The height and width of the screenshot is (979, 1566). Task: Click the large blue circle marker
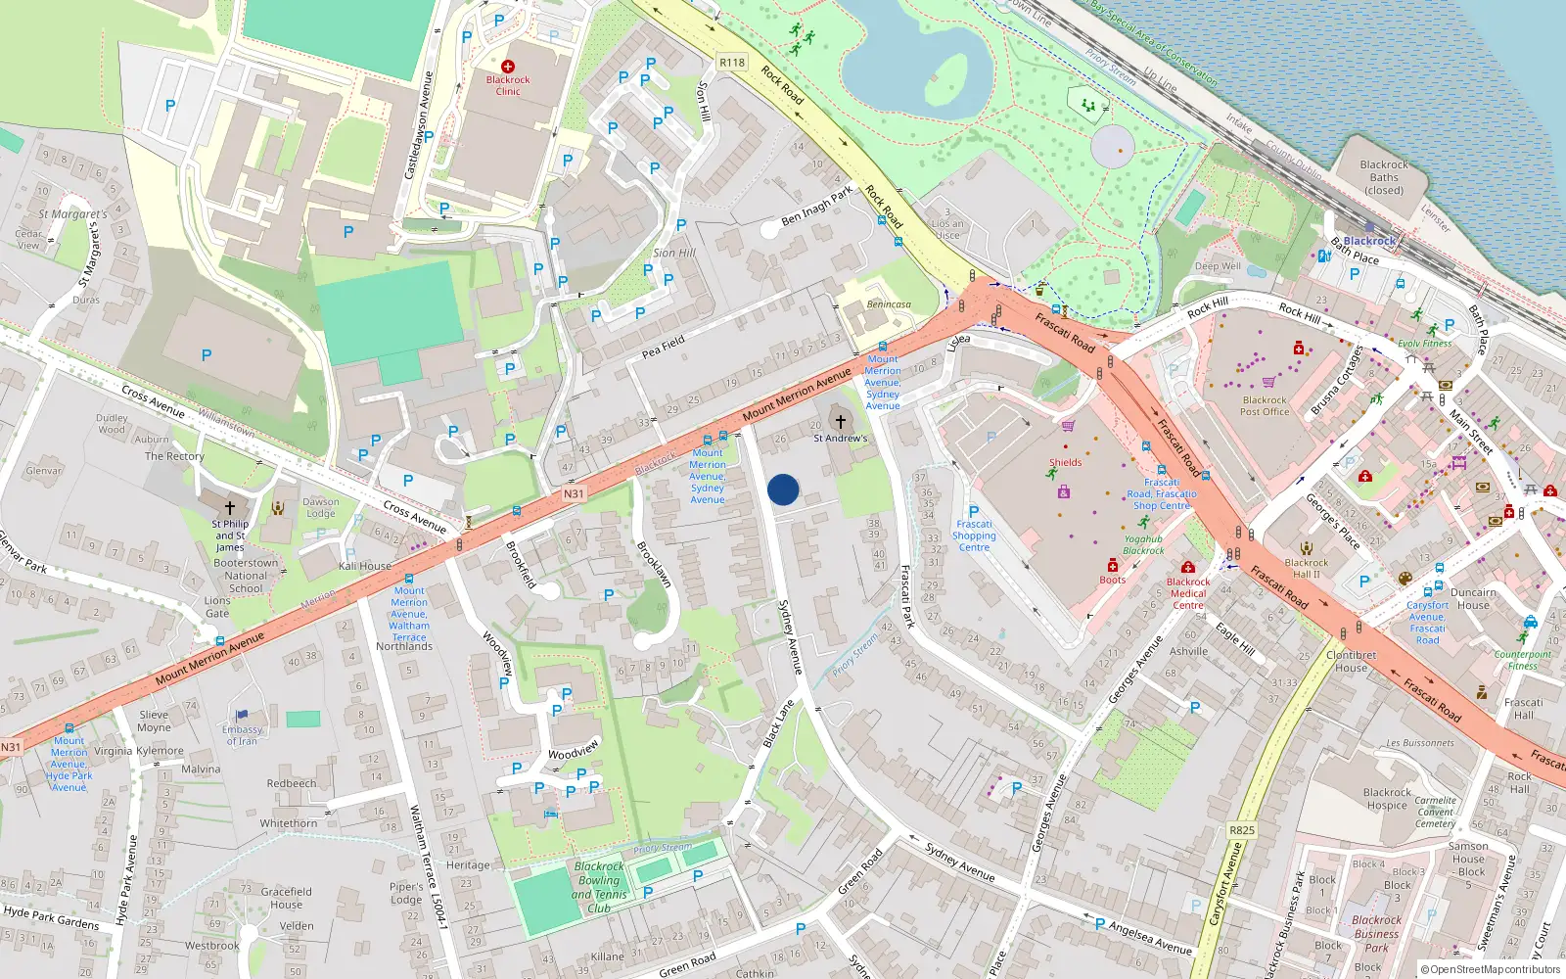point(783,489)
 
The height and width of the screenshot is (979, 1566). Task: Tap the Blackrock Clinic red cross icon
point(508,67)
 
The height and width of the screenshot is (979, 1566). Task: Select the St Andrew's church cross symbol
point(840,421)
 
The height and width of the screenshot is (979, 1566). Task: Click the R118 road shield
point(732,62)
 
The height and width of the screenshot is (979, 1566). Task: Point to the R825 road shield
point(1242,830)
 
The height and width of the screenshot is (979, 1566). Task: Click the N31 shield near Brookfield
point(574,493)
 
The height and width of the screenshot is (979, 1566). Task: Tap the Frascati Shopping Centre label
point(974,536)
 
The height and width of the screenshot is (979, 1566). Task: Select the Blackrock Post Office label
point(1265,405)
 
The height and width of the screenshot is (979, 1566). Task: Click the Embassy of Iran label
point(242,734)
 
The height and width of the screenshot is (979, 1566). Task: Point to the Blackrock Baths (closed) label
point(1384,177)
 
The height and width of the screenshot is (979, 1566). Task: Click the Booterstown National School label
point(246,576)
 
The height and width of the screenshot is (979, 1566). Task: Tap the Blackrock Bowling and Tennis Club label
point(599,887)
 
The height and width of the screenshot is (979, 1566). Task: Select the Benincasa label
point(889,304)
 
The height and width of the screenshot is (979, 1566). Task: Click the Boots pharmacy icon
point(1113,566)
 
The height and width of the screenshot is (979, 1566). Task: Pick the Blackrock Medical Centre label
point(1188,593)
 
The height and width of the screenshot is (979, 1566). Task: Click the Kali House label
point(365,566)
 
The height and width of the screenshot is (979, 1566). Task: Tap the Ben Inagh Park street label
point(817,206)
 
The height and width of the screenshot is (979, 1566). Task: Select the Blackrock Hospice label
point(1387,799)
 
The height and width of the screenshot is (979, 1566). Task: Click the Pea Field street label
point(664,347)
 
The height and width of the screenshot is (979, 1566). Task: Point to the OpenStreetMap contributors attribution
point(1490,969)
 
